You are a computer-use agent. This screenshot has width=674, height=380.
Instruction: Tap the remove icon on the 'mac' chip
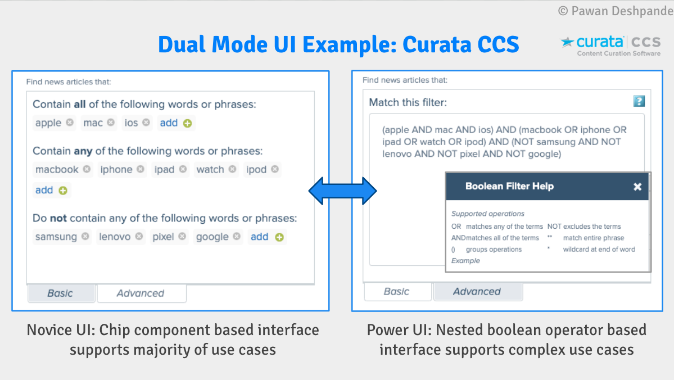click(x=111, y=122)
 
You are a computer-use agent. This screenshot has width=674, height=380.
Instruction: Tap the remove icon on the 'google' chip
click(x=237, y=237)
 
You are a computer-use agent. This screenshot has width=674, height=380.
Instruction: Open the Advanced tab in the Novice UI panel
click(x=141, y=293)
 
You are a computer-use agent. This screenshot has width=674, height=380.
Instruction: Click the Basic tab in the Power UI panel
click(x=396, y=291)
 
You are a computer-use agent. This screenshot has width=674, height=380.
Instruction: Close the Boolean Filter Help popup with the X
click(x=637, y=187)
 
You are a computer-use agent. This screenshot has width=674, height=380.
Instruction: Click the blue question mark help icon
click(x=639, y=101)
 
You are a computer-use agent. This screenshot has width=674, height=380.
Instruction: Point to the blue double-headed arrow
click(x=342, y=191)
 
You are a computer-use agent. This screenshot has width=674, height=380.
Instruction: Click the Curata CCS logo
click(x=610, y=45)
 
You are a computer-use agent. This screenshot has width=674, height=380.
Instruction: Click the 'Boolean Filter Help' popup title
click(x=509, y=186)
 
